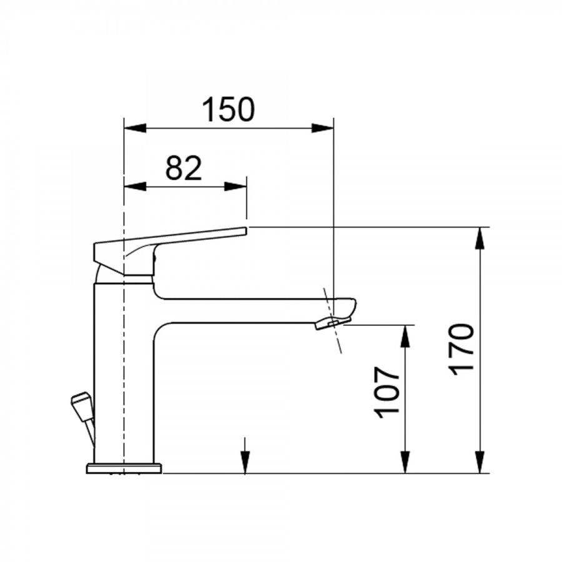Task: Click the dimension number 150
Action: coord(229,110)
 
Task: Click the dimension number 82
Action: coord(184,169)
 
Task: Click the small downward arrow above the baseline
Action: coord(245,462)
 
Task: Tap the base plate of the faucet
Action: coord(124,468)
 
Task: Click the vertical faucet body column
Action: coord(124,375)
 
